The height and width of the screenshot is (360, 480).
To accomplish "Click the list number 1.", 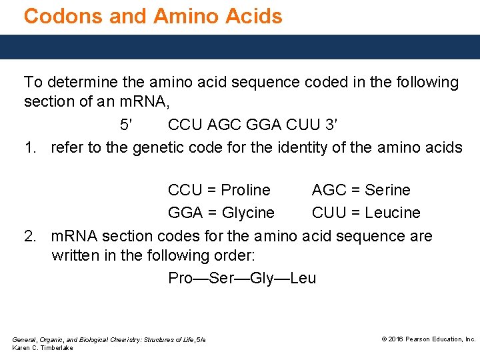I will (30, 147).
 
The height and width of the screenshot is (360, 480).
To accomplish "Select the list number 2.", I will (30, 236).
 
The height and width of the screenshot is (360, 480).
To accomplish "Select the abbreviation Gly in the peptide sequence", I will (262, 278).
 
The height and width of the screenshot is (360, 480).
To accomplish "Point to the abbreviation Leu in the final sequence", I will (303, 278).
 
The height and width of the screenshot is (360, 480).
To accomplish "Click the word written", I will (73, 255).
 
